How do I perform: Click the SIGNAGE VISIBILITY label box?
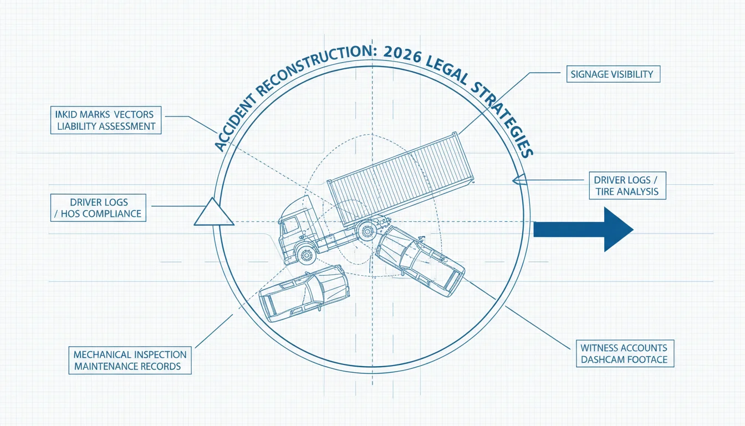click(x=613, y=74)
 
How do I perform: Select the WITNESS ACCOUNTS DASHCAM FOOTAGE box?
click(x=625, y=353)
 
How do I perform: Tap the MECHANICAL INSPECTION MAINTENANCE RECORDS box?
click(x=130, y=361)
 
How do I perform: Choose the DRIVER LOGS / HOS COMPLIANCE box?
click(x=98, y=207)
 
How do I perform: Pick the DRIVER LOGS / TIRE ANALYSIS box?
click(x=627, y=185)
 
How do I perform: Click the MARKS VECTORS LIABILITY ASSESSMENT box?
click(x=106, y=120)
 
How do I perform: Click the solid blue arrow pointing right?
click(x=583, y=229)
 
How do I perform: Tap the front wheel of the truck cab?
click(x=305, y=255)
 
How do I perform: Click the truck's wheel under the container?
click(x=367, y=231)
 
